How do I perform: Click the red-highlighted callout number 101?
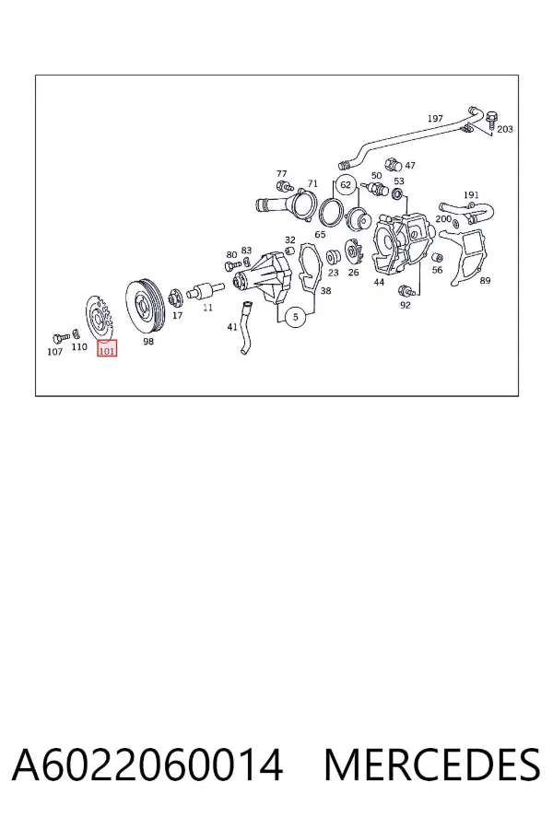click(x=107, y=349)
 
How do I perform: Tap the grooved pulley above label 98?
click(x=145, y=307)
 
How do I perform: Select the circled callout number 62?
click(x=346, y=185)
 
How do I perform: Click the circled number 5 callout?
click(x=295, y=317)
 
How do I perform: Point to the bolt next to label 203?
click(x=492, y=119)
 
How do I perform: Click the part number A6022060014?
click(x=147, y=765)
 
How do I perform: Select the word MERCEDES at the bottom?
click(x=432, y=765)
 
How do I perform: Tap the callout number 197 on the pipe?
click(x=435, y=119)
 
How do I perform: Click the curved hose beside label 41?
click(x=244, y=328)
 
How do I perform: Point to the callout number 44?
click(x=379, y=282)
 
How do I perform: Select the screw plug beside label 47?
click(x=393, y=163)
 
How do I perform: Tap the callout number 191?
click(x=471, y=195)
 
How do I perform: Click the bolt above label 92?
click(x=406, y=290)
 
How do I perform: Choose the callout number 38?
click(x=326, y=290)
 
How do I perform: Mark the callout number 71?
click(x=312, y=183)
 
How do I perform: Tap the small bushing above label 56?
click(x=437, y=258)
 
